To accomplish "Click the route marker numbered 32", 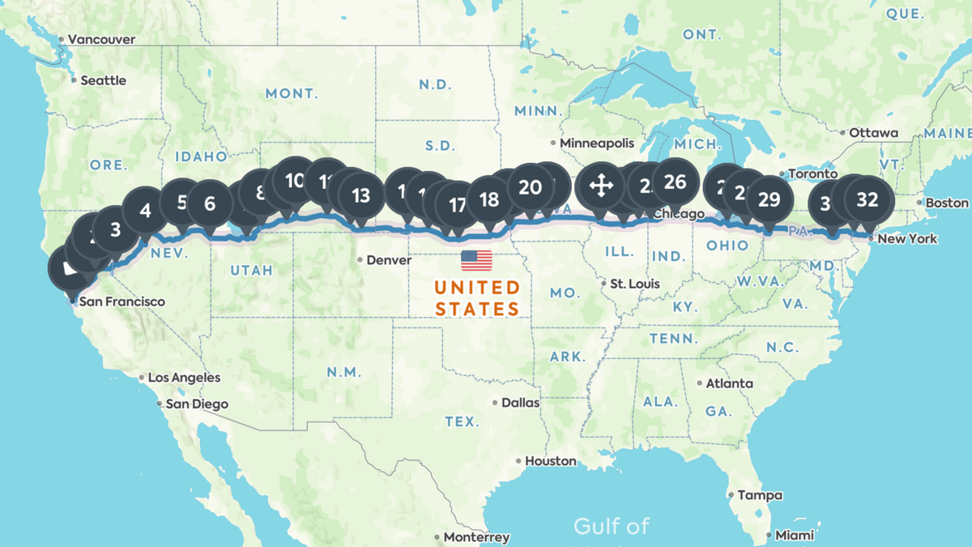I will point(868,200).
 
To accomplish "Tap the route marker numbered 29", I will point(769,200).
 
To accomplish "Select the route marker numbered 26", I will point(674,182).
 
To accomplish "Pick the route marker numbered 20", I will point(530,187).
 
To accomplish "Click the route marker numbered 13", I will point(360,194).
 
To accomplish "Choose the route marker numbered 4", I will point(146,211).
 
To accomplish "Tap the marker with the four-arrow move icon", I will point(600,186).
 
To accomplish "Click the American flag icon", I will point(476,260).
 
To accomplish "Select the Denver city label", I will point(389,260).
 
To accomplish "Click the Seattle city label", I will point(103,80).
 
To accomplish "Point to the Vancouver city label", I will point(101,39).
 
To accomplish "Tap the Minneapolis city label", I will point(597,143).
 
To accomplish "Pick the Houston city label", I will point(550,461).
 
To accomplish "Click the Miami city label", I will point(794,536).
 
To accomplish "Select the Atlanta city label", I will point(729,383).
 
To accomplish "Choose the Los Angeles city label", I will point(184,378).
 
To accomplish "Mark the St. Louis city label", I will point(635,284).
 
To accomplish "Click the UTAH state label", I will point(251,270).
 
